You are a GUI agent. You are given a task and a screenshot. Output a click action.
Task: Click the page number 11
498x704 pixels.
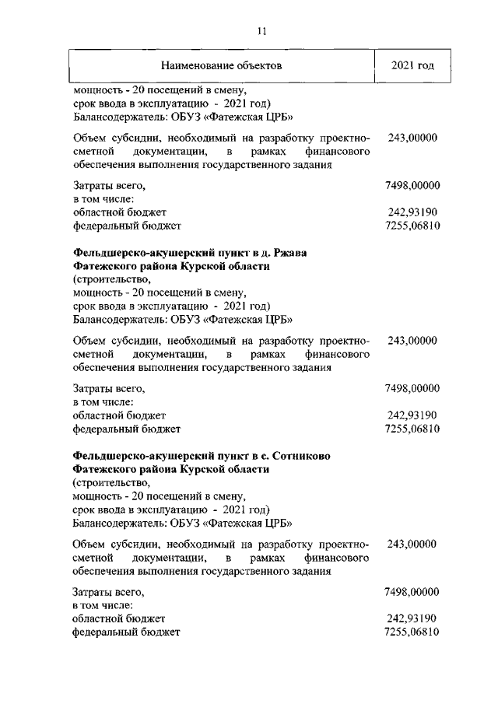pyautogui.click(x=261, y=31)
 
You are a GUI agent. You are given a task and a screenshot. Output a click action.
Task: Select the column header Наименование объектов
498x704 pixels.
pyautogui.click(x=221, y=65)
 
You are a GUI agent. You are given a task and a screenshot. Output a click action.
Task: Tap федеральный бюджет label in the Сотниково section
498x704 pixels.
pyautogui.click(x=126, y=632)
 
